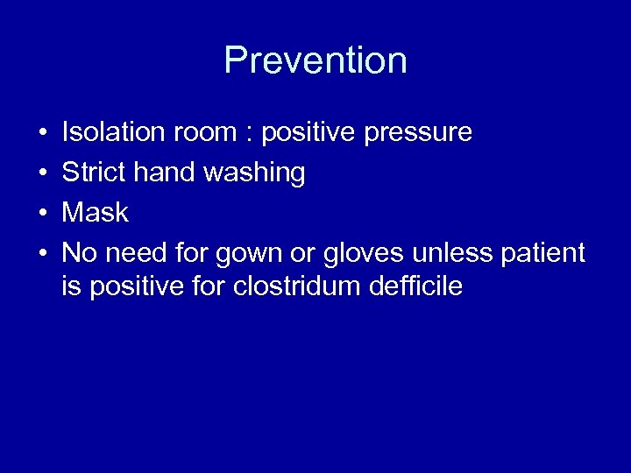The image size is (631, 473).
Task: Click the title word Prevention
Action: [x=315, y=60]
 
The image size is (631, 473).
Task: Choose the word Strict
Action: [x=94, y=173]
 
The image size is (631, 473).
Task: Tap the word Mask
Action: [x=96, y=213]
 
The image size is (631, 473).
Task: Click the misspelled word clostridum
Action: [x=287, y=286]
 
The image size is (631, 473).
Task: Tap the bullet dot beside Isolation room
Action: [x=42, y=133]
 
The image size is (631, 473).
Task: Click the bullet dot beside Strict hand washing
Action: [x=42, y=173]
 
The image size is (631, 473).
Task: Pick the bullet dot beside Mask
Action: [x=42, y=214]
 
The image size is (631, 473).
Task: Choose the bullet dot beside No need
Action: [x=42, y=254]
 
